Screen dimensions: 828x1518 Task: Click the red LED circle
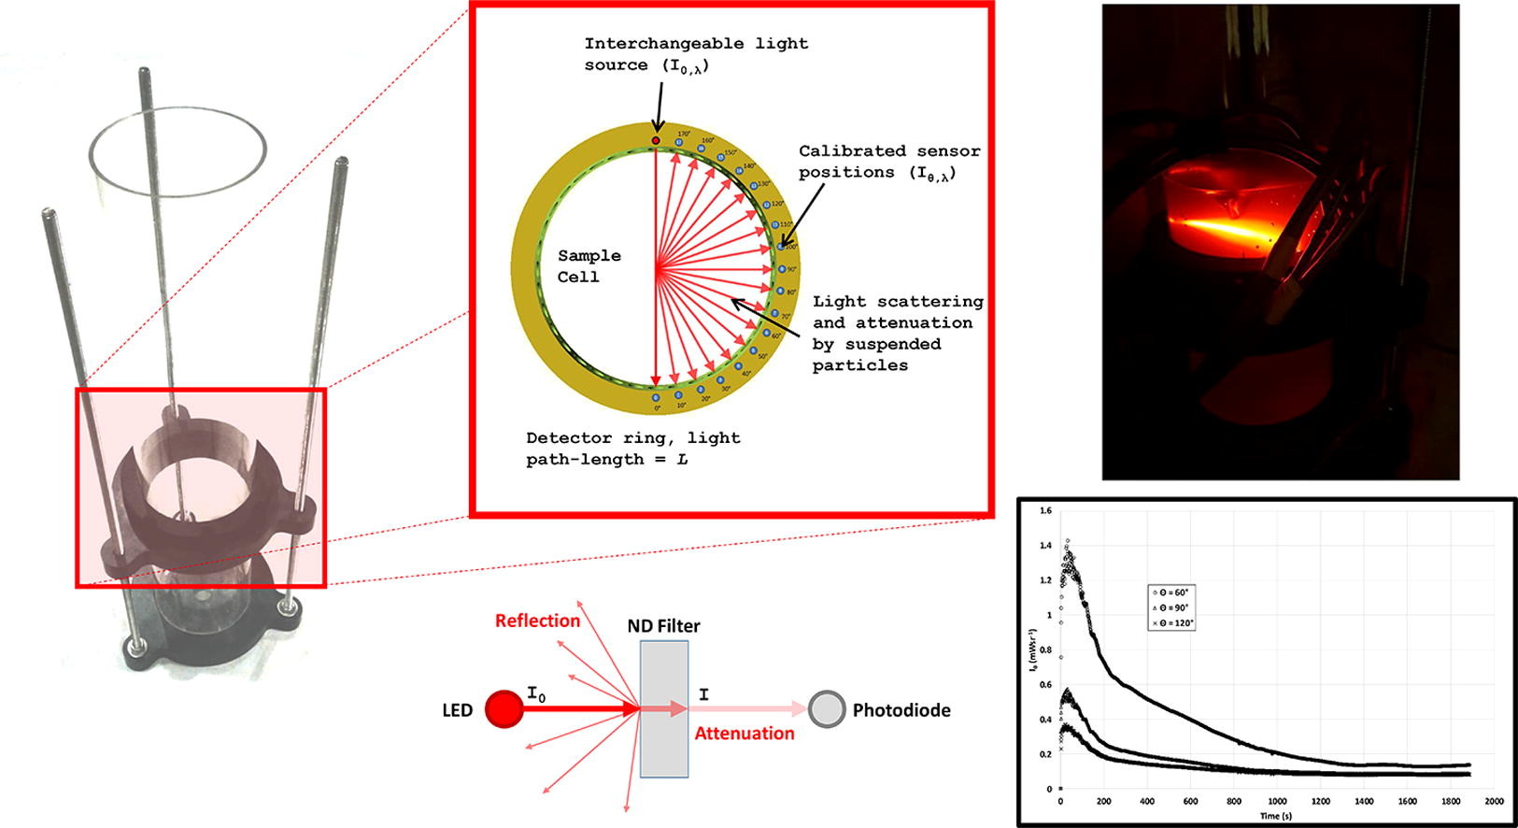pyautogui.click(x=504, y=709)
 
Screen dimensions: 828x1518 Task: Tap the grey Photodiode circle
pyautogui.click(x=826, y=709)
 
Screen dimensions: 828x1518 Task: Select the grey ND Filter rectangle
pyautogui.click(x=664, y=709)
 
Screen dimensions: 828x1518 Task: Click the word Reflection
pyautogui.click(x=537, y=621)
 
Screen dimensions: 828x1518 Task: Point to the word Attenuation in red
pyautogui.click(x=744, y=734)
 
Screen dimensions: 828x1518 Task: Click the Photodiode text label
pyautogui.click(x=901, y=710)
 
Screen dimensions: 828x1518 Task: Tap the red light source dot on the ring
pyautogui.click(x=656, y=140)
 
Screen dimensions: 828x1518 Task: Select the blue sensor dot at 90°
pyautogui.click(x=782, y=269)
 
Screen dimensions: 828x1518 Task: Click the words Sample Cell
pyautogui.click(x=589, y=266)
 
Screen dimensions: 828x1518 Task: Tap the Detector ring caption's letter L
pyautogui.click(x=683, y=460)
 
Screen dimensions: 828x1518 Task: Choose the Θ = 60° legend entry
pyautogui.click(x=1172, y=592)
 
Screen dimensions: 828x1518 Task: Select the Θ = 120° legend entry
pyautogui.click(x=1174, y=622)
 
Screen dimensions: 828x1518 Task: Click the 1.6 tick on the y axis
pyautogui.click(x=1044, y=511)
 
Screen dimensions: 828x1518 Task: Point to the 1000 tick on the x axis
pyautogui.click(x=1277, y=802)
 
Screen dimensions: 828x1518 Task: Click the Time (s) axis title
pyautogui.click(x=1275, y=816)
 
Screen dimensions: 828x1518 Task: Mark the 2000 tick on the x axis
pyautogui.click(x=1493, y=802)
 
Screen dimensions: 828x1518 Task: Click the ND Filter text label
pyautogui.click(x=663, y=626)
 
